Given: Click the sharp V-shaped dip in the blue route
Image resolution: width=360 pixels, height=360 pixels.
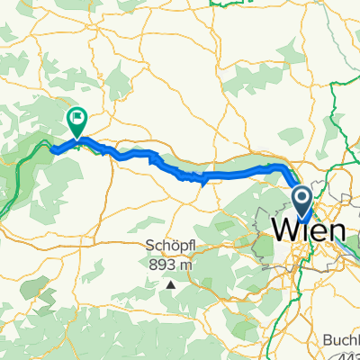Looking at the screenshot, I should point(204,180).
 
